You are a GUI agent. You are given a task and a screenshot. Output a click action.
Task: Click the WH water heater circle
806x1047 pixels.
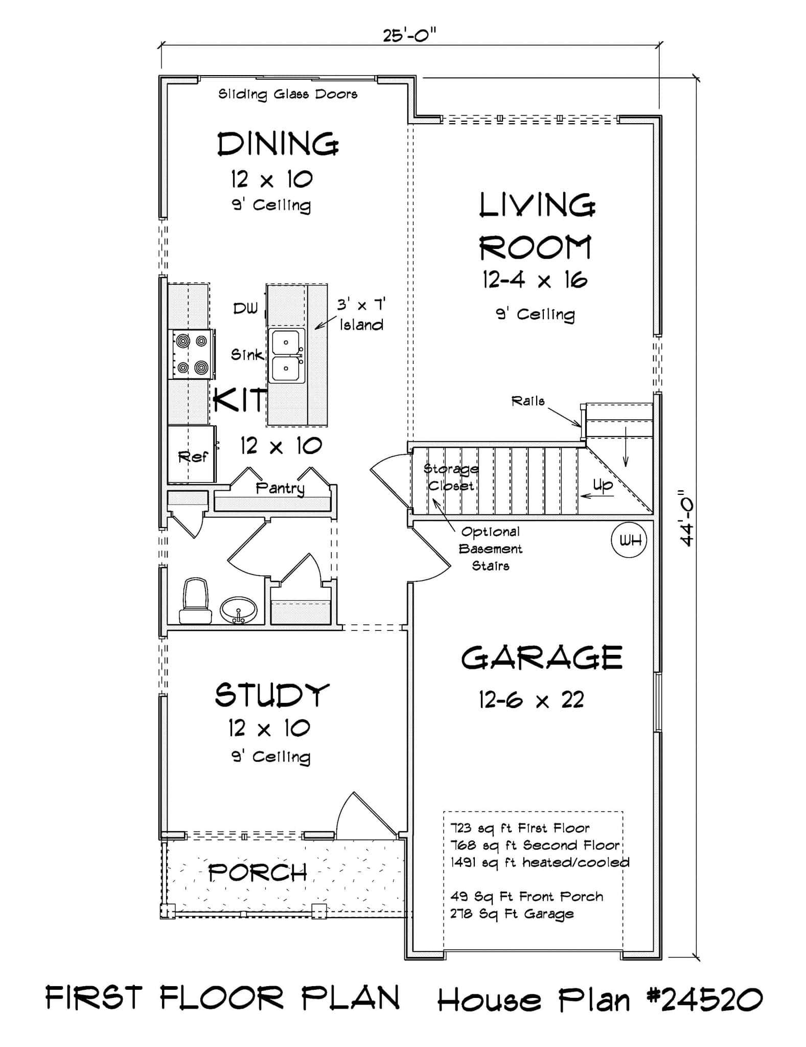[x=629, y=540]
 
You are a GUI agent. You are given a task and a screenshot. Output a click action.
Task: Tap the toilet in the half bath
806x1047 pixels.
[x=195, y=602]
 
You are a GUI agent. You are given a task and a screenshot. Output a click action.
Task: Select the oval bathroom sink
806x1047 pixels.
[x=239, y=610]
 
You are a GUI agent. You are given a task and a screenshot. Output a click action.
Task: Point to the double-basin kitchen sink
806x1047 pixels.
[x=287, y=355]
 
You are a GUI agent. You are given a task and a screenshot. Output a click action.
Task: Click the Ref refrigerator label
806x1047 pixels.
[x=193, y=457]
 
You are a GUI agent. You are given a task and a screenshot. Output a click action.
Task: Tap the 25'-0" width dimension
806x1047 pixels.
[x=409, y=36]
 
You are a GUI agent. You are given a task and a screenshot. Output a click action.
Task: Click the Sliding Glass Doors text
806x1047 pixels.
[x=288, y=95]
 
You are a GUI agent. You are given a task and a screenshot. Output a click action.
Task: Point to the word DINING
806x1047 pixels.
[x=278, y=144]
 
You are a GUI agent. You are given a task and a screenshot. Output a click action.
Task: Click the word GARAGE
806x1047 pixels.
[x=541, y=658]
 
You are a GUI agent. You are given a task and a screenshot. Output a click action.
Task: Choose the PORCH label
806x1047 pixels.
[x=258, y=873]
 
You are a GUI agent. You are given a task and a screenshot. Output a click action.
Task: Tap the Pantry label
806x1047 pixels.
[x=280, y=488]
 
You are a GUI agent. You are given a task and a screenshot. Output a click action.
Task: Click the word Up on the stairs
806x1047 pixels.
[x=603, y=485]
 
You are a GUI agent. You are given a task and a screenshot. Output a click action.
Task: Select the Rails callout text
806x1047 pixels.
[x=528, y=401]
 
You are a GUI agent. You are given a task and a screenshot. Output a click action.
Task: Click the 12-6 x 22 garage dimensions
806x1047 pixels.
[x=531, y=700]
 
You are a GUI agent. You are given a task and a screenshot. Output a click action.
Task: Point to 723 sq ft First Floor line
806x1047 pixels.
[x=520, y=828]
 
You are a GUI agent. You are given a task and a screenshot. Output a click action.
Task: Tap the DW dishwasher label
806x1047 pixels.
[x=246, y=308]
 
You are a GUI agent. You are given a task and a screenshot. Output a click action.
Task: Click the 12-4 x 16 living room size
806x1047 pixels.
[x=535, y=280]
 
